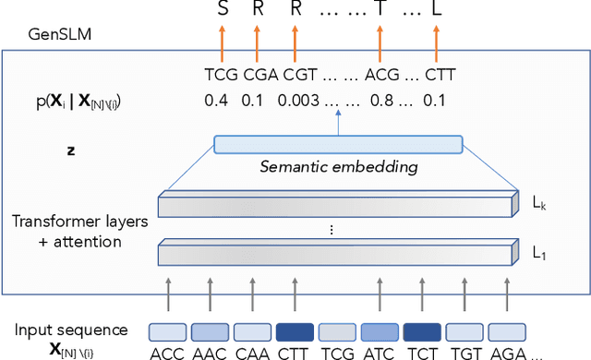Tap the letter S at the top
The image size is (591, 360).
click(x=221, y=8)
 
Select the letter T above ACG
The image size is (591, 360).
click(x=380, y=8)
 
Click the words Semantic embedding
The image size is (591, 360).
click(x=338, y=167)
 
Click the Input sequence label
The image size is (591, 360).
click(x=72, y=330)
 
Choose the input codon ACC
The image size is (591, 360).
click(x=169, y=353)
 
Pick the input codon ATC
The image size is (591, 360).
click(x=380, y=353)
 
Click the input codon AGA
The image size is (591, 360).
click(x=507, y=353)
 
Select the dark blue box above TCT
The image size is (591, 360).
click(x=422, y=331)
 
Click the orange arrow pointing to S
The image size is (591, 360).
click(x=221, y=42)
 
